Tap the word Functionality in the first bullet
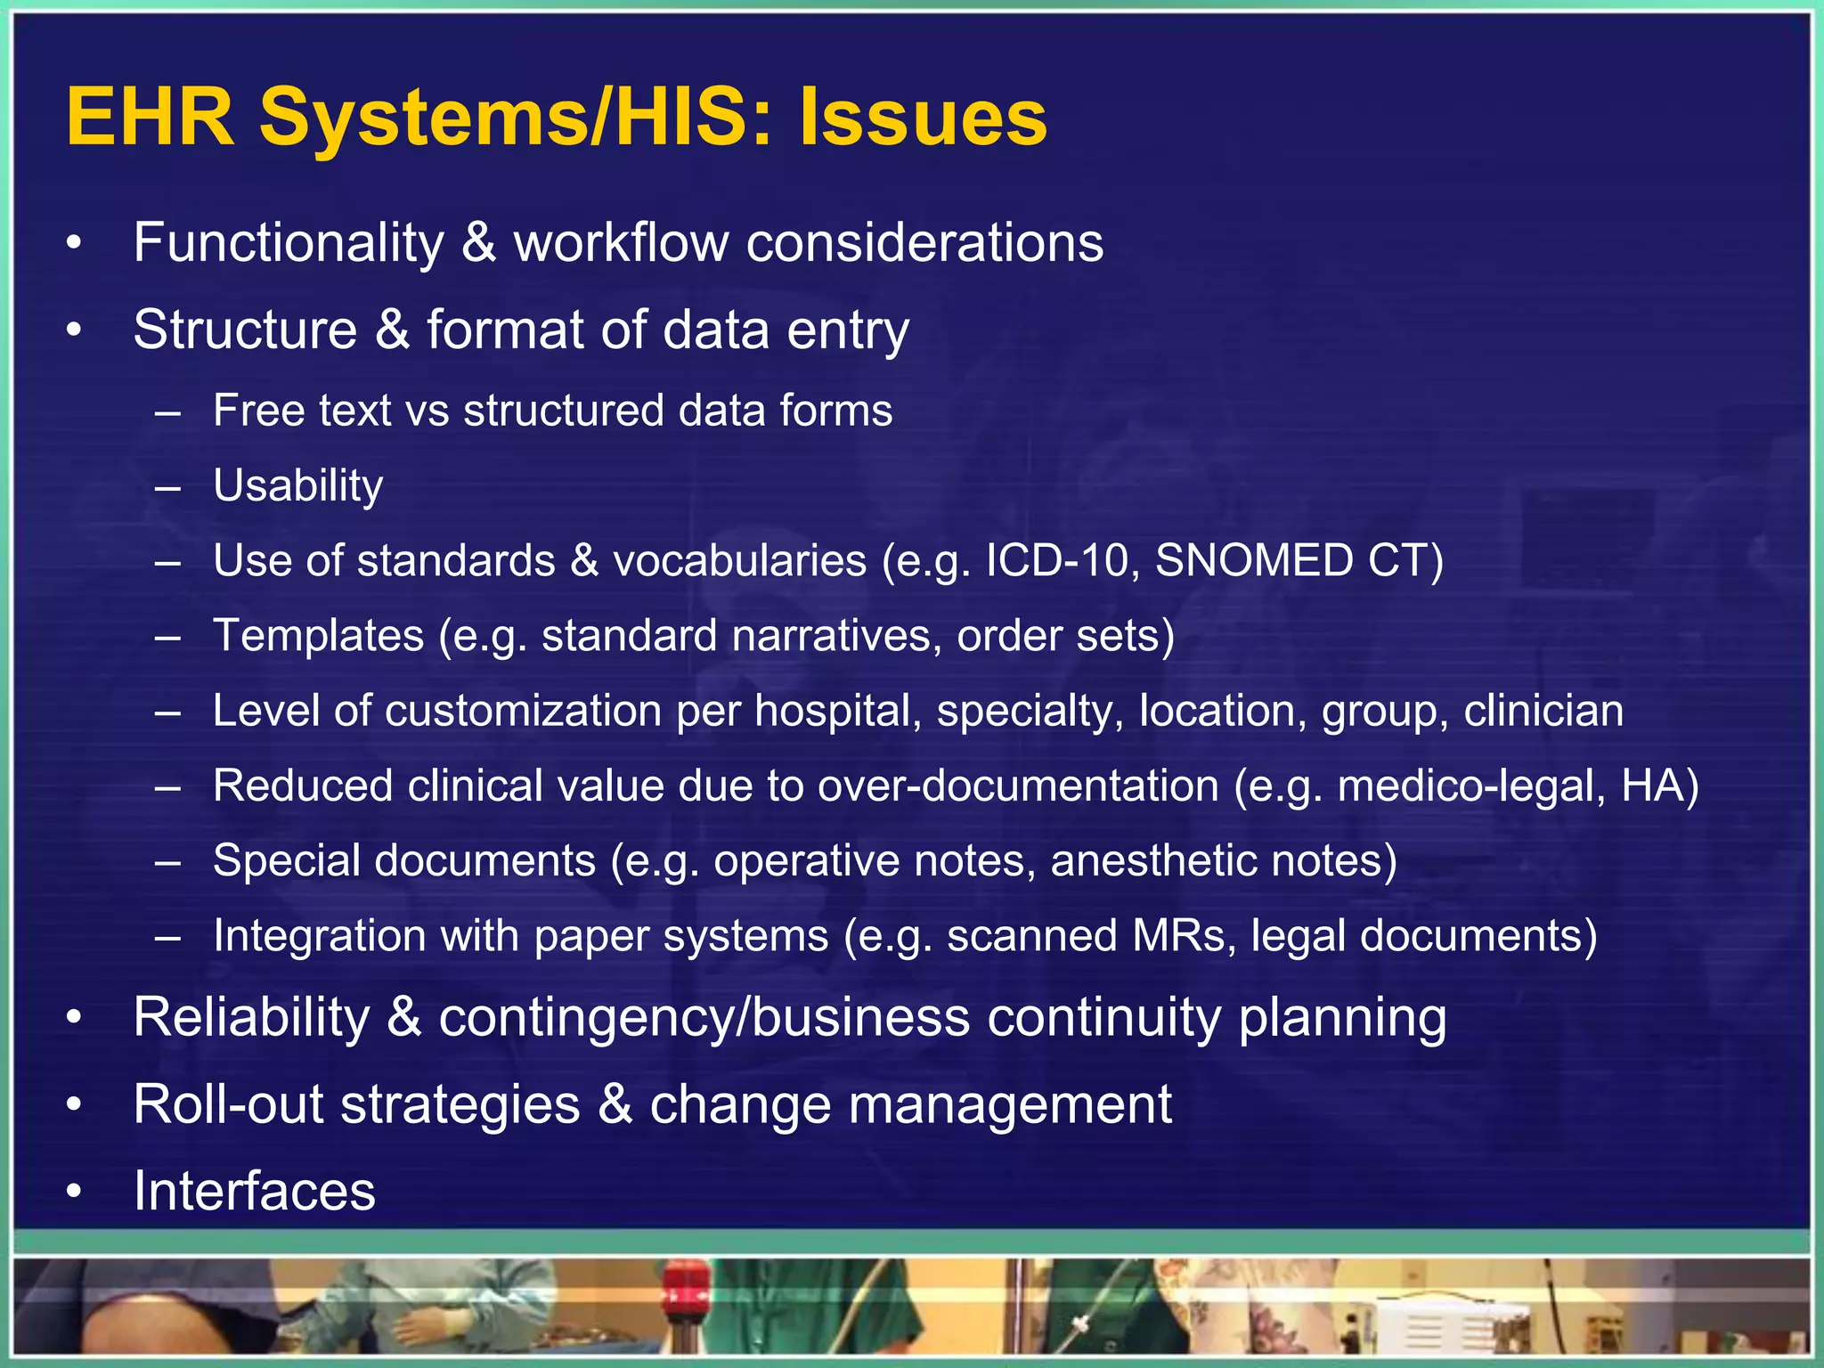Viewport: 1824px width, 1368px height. pyautogui.click(x=288, y=242)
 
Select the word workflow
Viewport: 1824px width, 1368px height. pyautogui.click(x=621, y=242)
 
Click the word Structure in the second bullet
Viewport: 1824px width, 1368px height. pyautogui.click(x=245, y=330)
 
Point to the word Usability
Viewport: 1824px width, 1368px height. pyautogui.click(x=297, y=486)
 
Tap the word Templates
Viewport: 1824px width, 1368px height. pyautogui.click(x=318, y=636)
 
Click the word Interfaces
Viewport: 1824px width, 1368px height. pyautogui.click(x=254, y=1191)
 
